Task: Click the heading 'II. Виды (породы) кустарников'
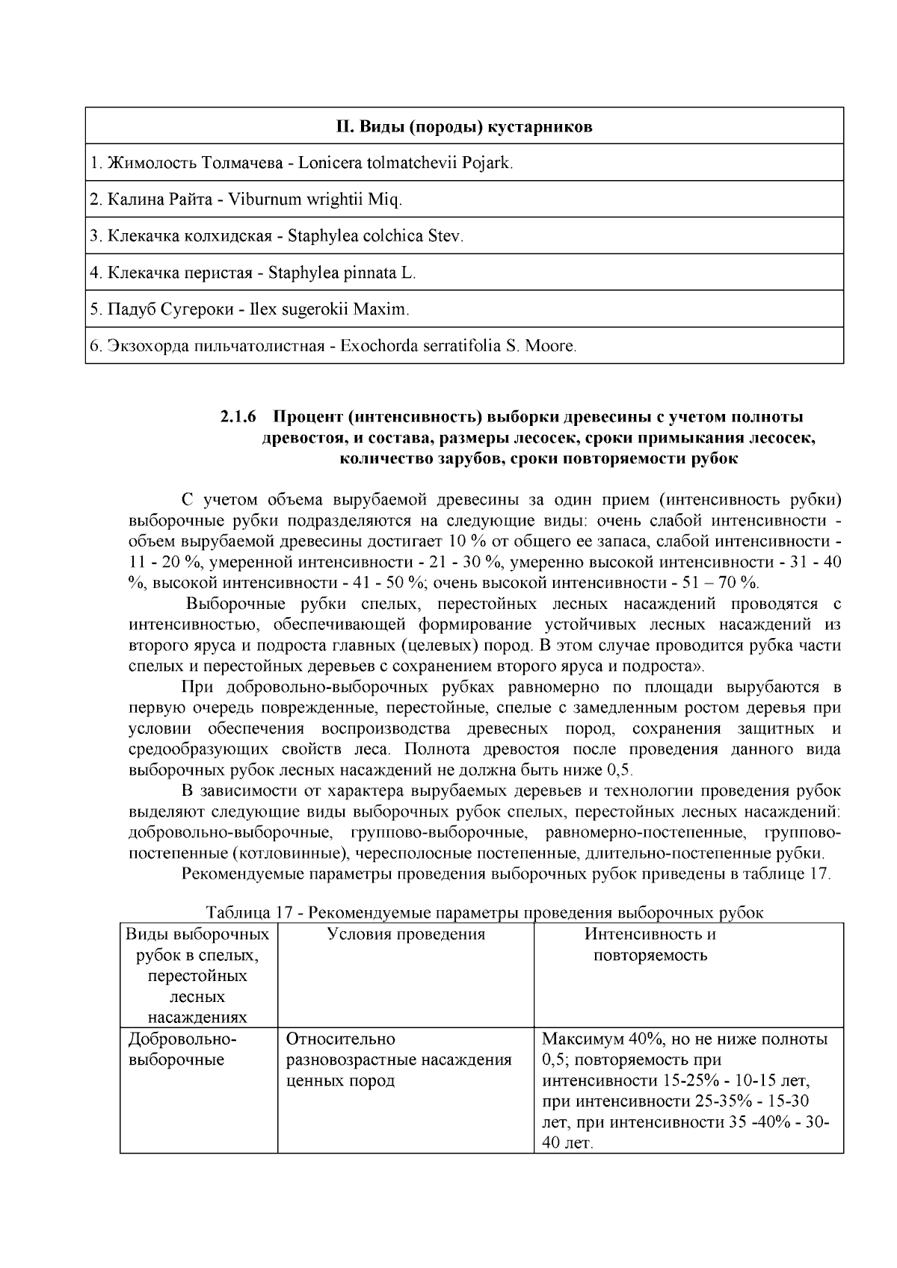[463, 126]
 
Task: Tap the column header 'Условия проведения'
[406, 934]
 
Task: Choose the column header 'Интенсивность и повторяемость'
[650, 944]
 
